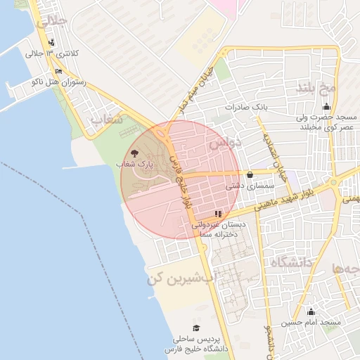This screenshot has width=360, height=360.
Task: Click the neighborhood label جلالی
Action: tap(54, 22)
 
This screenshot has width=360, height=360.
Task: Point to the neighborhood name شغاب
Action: tap(108, 120)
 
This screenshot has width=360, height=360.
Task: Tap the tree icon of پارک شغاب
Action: tap(134, 153)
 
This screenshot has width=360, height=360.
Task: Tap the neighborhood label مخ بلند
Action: tap(314, 89)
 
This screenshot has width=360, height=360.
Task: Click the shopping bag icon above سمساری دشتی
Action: tap(250, 174)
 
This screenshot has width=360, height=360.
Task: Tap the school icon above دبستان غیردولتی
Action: tap(219, 213)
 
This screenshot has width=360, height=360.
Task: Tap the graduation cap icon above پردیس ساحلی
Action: tap(196, 328)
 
